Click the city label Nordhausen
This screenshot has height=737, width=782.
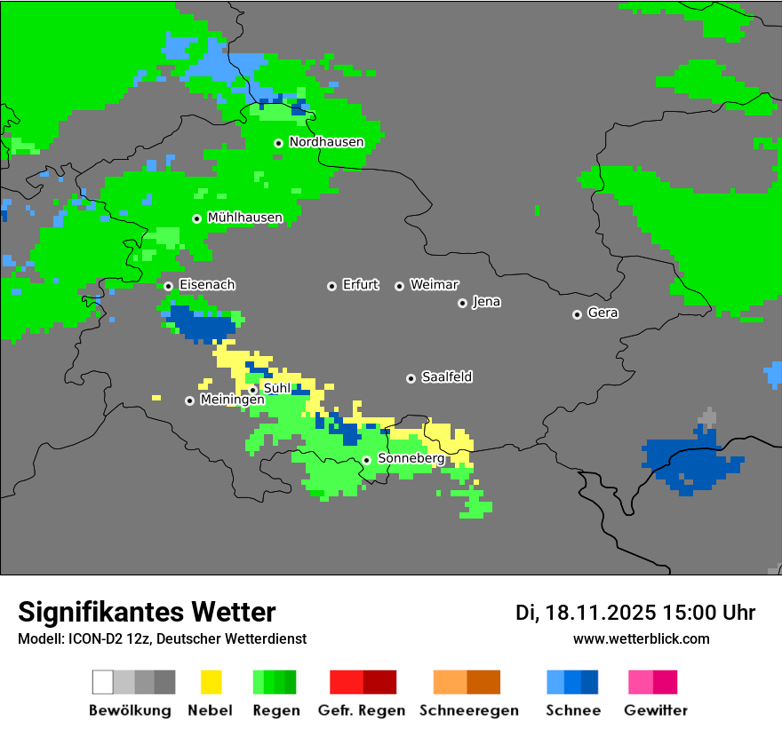coord(326,142)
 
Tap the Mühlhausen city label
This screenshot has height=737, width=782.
coord(244,218)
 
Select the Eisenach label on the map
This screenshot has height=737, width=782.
coord(207,285)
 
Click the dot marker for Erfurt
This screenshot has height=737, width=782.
coord(331,286)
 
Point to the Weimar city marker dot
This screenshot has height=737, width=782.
coord(399,286)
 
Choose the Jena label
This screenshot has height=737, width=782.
coord(486,302)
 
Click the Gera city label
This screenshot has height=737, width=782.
coord(602,313)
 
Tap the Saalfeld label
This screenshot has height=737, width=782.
coord(446,377)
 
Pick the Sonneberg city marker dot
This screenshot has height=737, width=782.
coord(366,460)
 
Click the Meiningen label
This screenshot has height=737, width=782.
coord(232,400)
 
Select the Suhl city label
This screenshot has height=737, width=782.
coord(276,388)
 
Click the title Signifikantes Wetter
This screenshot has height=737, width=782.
coord(147,612)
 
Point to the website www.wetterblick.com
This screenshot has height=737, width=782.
coord(641,638)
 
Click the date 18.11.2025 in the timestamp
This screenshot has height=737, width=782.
coord(601,613)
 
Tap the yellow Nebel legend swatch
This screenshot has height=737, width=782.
coord(211,682)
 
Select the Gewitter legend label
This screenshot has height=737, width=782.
coord(655,710)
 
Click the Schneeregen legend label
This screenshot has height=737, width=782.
coord(468,710)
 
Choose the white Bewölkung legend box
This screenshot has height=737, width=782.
coord(102,682)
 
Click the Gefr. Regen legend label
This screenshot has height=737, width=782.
coord(362,710)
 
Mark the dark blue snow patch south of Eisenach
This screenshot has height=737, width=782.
coord(201,324)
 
